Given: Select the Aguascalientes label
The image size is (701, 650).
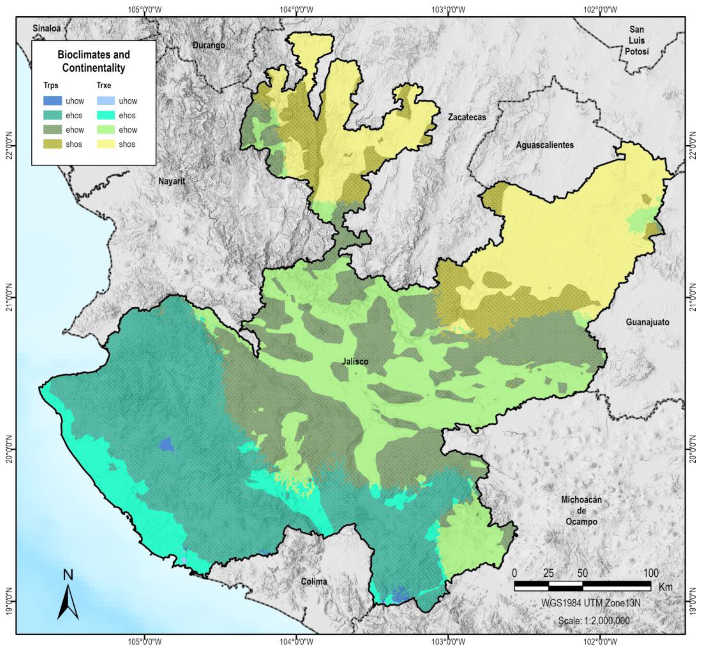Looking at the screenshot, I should pos(545,145).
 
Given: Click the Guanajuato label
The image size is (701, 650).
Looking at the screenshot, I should pos(647,322).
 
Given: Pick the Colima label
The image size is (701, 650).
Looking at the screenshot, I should pos(314,582).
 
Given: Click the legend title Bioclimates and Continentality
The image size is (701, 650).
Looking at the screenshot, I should pos(94,61).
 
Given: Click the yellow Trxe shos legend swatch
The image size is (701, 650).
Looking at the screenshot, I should pos(105,144).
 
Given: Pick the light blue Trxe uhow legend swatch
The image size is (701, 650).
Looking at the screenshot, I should pos(105,101).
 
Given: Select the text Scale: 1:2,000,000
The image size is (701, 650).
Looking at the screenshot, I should pos(594,621).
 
